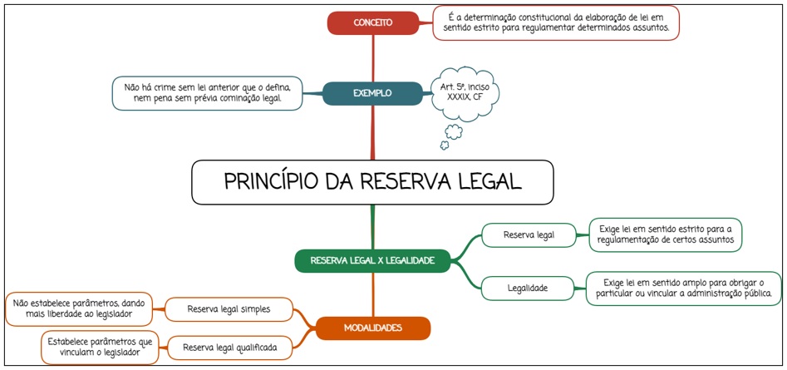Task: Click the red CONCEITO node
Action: coord(373,22)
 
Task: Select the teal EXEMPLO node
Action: coord(371,93)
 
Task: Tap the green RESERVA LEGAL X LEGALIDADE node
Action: coord(371,260)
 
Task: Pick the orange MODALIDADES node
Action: coord(373,328)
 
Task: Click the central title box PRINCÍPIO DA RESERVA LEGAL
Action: coord(372,182)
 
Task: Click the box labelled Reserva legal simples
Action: coord(229,310)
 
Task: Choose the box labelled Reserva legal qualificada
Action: coord(229,347)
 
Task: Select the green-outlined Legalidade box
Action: coord(528,288)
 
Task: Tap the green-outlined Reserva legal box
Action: coord(528,235)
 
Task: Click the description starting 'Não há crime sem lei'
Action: coord(207,92)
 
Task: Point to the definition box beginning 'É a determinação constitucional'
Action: coord(556,22)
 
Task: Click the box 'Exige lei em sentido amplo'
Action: coord(683,288)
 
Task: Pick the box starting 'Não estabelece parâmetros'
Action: coord(79,309)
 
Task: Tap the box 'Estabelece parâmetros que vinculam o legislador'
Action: coord(100,347)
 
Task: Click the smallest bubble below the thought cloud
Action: coord(445,146)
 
